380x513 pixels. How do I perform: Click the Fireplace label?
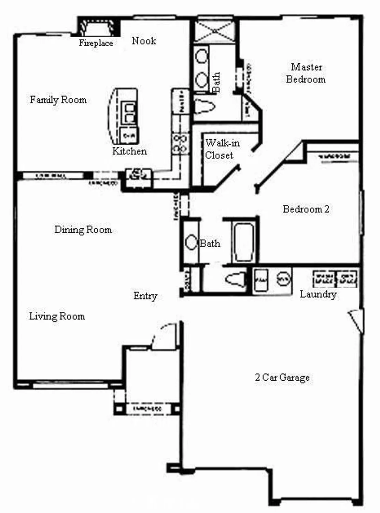[96, 43]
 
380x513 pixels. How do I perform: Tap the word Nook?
[144, 41]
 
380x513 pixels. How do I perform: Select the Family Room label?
[58, 100]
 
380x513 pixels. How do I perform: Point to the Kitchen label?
[129, 151]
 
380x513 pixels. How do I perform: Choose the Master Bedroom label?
[306, 73]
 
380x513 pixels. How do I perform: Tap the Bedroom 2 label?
[306, 209]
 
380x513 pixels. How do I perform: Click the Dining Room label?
[83, 229]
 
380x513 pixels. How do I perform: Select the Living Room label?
[57, 316]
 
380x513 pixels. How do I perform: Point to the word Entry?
[145, 296]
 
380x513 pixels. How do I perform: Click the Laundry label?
[318, 294]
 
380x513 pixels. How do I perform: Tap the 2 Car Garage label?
[282, 377]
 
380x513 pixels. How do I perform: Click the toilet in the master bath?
[205, 106]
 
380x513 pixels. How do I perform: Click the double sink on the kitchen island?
[129, 113]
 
